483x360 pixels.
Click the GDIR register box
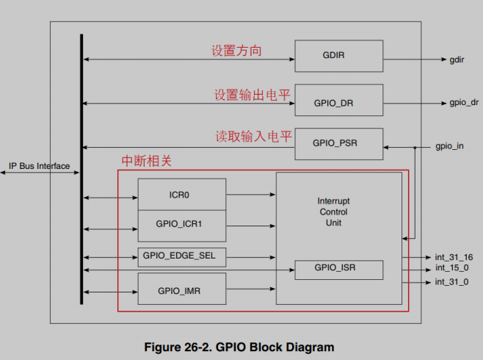click(338, 56)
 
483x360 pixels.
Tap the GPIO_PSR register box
click(338, 143)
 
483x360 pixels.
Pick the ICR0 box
click(181, 196)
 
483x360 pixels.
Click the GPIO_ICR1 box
click(181, 223)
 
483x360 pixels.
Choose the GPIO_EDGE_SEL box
click(181, 256)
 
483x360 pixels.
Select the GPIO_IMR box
click(181, 289)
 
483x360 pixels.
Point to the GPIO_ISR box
click(338, 269)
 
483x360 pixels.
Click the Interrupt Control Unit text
click(333, 212)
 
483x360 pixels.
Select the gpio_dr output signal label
click(463, 103)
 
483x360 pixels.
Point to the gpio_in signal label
click(449, 146)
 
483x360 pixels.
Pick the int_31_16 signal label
click(453, 257)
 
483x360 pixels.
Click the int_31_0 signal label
click(451, 282)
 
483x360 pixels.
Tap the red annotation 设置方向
click(236, 51)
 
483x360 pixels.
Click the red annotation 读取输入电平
click(253, 137)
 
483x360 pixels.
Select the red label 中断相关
click(146, 160)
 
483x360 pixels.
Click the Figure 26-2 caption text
click(239, 348)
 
